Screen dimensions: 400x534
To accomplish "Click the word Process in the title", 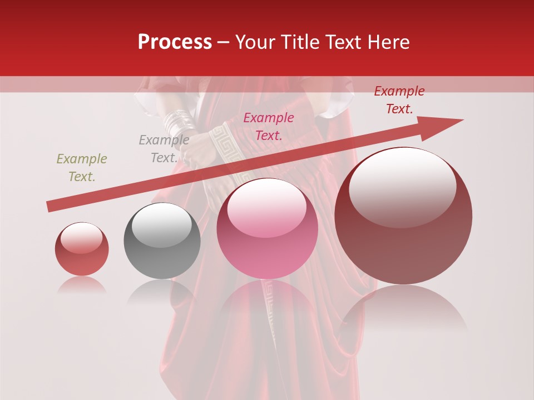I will pyautogui.click(x=175, y=42).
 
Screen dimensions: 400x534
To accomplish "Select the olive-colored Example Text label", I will pyautogui.click(x=82, y=168).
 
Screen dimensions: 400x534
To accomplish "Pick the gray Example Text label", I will pyautogui.click(x=164, y=149).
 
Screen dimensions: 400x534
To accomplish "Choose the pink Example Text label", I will pyautogui.click(x=269, y=127).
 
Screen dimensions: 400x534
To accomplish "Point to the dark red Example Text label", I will pyautogui.click(x=399, y=100).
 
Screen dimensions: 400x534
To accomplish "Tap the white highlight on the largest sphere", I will pyautogui.click(x=403, y=186).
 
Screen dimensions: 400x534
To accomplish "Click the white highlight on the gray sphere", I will pyautogui.click(x=161, y=224).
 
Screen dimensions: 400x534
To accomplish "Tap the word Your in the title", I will pyautogui.click(x=254, y=42).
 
